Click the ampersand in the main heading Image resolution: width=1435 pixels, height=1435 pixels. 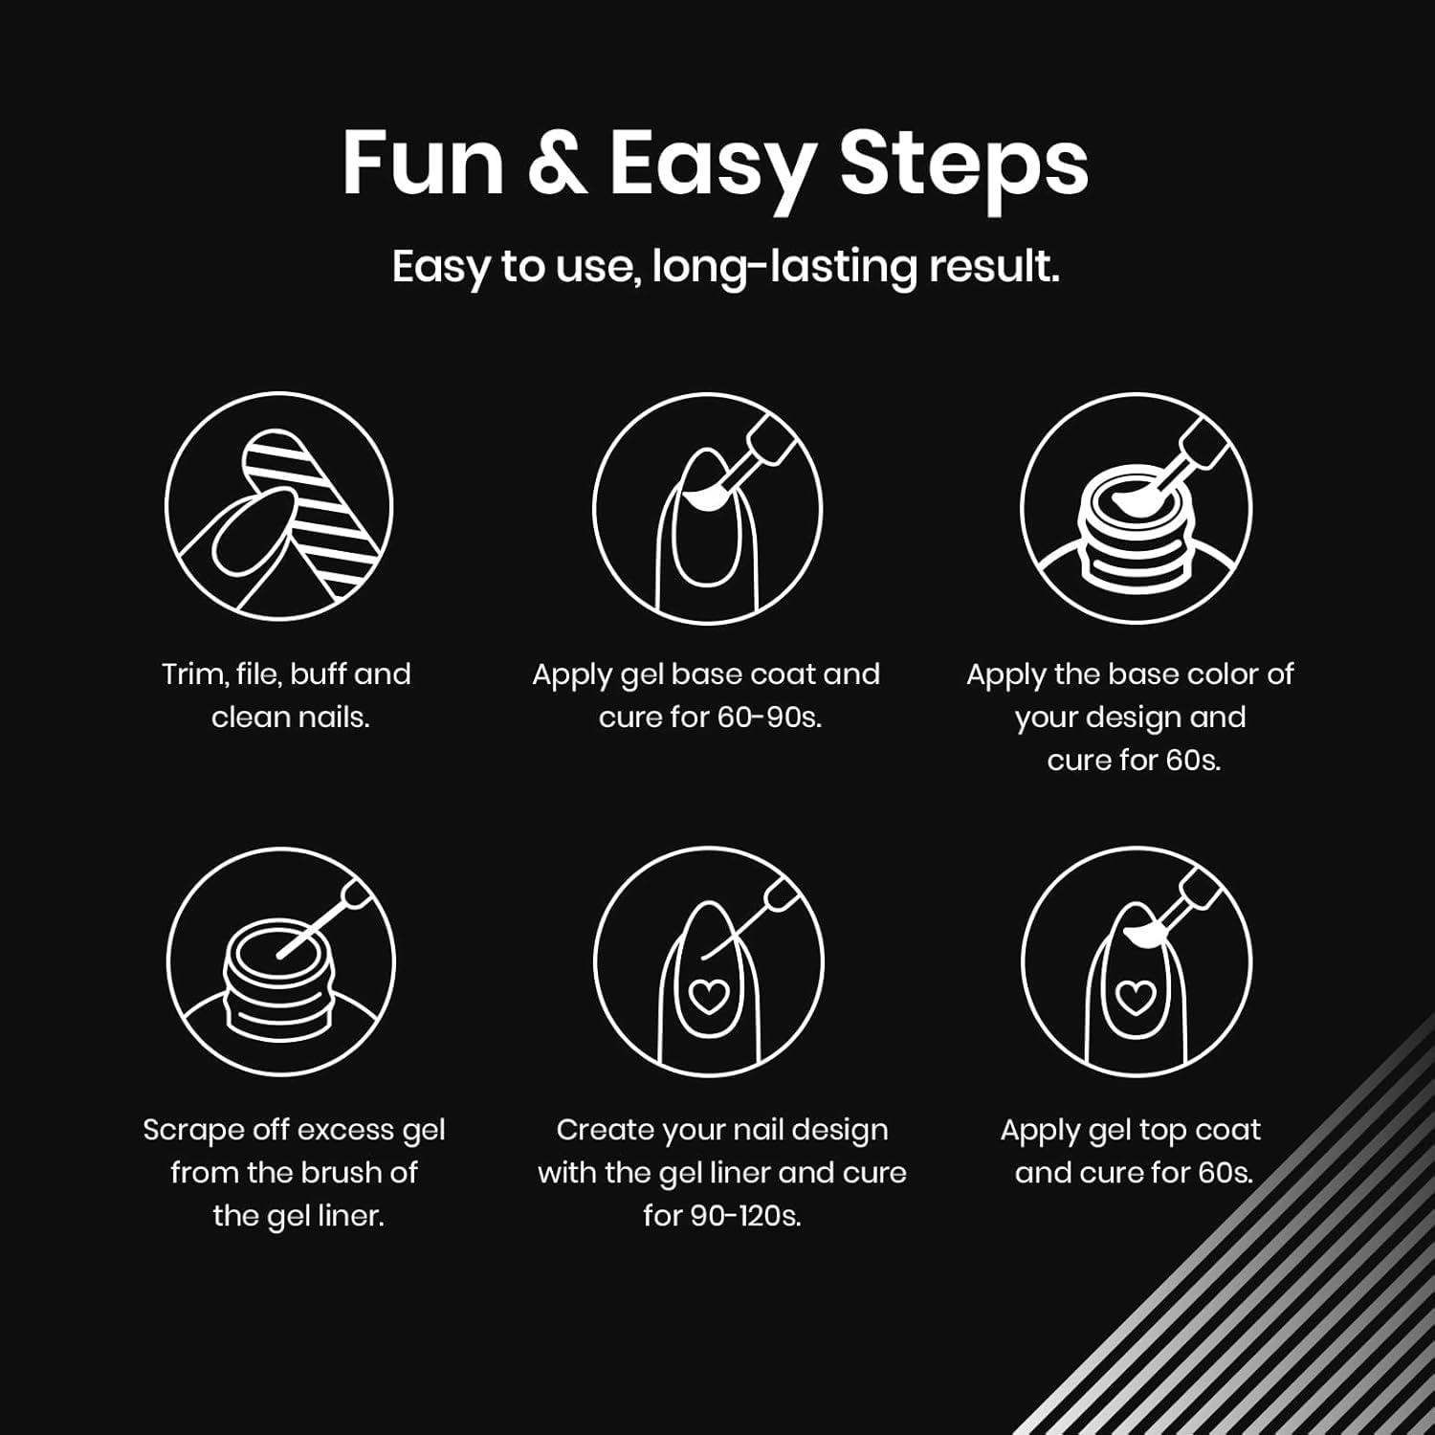tap(557, 163)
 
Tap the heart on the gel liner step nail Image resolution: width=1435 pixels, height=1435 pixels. tap(708, 997)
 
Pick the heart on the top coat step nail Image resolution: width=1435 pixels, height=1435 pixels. tap(1136, 997)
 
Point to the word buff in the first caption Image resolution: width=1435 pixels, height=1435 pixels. tap(320, 674)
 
